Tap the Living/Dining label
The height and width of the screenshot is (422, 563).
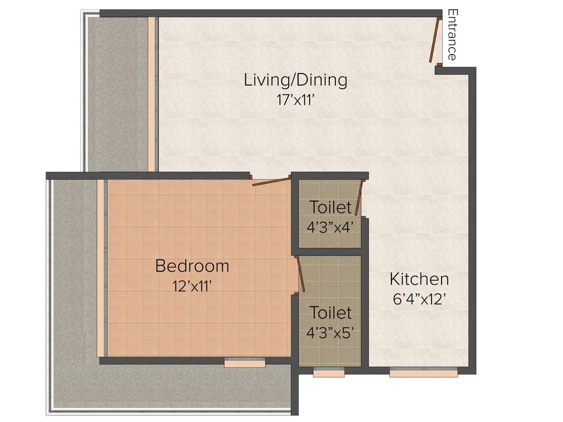point(296,80)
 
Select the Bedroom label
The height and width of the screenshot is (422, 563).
point(192,266)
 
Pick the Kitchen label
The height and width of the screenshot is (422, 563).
point(419,279)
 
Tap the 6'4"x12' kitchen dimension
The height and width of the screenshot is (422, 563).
point(419,300)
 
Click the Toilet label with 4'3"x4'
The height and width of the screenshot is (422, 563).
point(330,208)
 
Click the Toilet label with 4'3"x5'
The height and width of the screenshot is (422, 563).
point(330,313)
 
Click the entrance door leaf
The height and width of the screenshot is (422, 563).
point(434,40)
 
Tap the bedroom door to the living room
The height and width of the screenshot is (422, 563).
point(271,181)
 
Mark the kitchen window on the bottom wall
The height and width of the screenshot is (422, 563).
point(423,373)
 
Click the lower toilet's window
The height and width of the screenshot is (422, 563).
point(329,373)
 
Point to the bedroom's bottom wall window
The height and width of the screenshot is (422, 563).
point(245,362)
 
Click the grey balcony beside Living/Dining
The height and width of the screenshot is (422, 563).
point(118,93)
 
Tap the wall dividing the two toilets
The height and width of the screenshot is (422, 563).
point(329,252)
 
